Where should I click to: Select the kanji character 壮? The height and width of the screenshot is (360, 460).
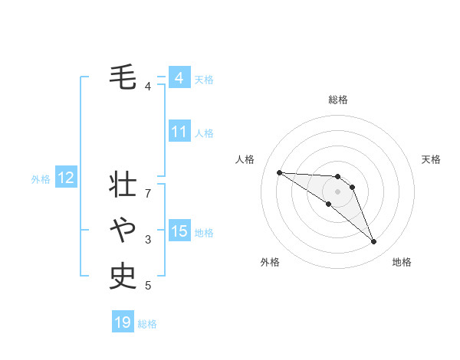click(123, 185)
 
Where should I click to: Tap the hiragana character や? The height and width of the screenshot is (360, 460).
click(123, 229)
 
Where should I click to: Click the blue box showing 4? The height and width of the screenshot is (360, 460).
click(179, 78)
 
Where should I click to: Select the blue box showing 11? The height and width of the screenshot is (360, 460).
click(179, 132)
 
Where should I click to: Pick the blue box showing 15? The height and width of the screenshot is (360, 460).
click(179, 231)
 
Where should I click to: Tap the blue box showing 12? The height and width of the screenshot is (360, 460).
click(66, 178)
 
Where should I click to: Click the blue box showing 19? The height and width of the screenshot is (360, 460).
click(123, 322)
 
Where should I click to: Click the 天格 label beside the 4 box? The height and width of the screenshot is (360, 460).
click(204, 80)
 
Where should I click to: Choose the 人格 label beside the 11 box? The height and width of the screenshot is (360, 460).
click(204, 133)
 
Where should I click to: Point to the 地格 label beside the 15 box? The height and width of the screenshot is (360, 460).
click(204, 233)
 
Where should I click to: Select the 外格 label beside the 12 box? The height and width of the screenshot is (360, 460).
click(41, 179)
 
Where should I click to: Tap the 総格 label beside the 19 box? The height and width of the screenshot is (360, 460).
click(147, 324)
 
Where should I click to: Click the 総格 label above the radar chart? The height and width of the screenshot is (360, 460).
click(337, 100)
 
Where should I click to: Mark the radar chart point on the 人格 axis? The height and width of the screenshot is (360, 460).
click(279, 172)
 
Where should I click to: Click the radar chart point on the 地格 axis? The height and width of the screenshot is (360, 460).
click(373, 241)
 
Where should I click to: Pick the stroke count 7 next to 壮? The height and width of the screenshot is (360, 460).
click(148, 194)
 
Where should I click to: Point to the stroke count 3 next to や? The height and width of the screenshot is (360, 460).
click(148, 240)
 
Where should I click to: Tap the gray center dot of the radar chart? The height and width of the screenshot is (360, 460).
click(337, 191)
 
